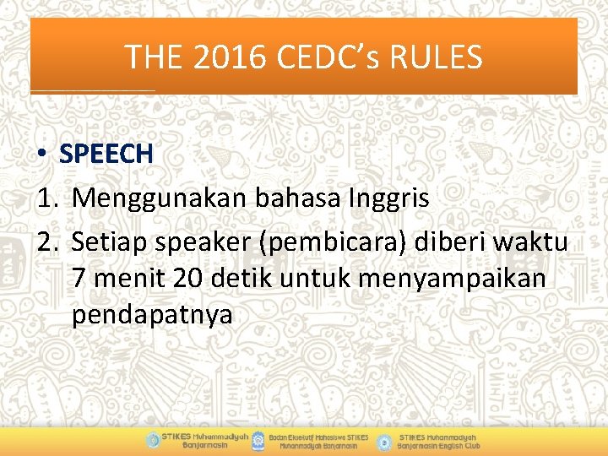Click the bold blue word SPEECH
[x=106, y=154]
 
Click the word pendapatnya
[x=151, y=315]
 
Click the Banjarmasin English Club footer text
[x=439, y=441]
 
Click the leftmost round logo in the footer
[x=152, y=440]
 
